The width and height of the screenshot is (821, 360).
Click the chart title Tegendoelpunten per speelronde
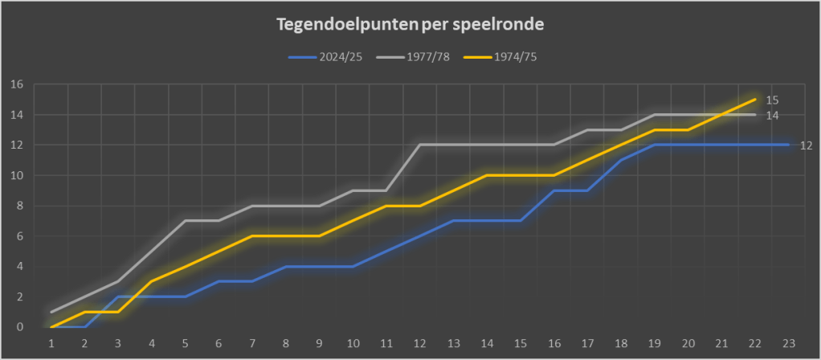410,24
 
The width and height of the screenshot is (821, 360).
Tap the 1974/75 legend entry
515,58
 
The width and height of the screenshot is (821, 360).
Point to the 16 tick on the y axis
16,84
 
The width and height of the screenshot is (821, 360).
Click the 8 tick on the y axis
19,206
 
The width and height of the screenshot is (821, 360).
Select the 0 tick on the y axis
19,327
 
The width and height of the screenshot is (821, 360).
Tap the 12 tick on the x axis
421,343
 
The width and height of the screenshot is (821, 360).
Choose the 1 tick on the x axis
51,343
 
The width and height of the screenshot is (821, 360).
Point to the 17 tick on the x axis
587,343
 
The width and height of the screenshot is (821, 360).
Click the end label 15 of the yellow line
772,100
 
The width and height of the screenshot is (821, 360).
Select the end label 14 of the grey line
772,116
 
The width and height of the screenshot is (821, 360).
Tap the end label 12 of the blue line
806,145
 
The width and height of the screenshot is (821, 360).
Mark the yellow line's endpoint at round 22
754,100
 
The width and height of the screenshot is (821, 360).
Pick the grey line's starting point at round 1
51,312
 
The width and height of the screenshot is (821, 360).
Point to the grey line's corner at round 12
420,145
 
